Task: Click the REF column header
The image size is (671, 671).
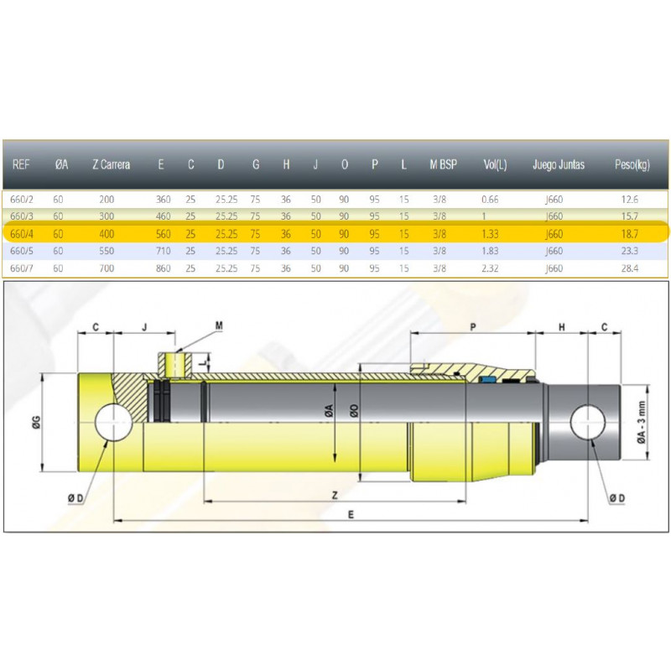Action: pos(21,164)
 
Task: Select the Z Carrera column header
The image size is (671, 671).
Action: pos(112,164)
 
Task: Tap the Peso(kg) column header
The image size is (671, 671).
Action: pos(632,164)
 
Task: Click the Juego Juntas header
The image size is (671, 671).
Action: pos(559,164)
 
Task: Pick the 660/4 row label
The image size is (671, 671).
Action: pos(22,234)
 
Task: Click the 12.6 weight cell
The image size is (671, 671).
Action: pos(630,200)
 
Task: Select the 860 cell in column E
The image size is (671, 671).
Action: pos(163,268)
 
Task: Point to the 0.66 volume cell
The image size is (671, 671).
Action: pos(490,200)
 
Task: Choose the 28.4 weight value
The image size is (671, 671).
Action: pos(630,268)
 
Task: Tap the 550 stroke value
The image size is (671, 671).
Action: pos(107,251)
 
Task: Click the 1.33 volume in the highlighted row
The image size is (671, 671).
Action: pos(490,234)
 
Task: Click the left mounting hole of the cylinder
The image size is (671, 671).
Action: pos(113,423)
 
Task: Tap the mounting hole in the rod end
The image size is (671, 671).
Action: pos(588,423)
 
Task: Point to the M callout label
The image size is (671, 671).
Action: pos(219,325)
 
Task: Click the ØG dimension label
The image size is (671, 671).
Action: pos(36,423)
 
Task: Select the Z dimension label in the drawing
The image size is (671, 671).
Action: pos(335,496)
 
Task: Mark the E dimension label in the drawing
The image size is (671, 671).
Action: pos(351,514)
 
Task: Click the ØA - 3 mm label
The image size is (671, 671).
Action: pos(641,423)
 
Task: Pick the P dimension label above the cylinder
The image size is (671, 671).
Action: pos(473,327)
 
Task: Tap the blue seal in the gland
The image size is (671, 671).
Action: pos(486,379)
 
